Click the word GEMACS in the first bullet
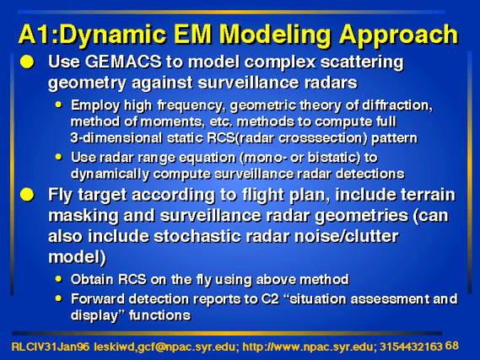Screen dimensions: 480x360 point(123,62)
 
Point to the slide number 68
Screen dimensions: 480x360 point(452,346)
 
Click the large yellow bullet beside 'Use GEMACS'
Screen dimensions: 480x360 point(27,62)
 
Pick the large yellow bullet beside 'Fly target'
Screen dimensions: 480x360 point(27,195)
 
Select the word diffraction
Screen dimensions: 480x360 point(397,105)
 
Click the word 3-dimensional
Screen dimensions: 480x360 point(116,138)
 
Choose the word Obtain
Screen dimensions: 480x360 point(92,279)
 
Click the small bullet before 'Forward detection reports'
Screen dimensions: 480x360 point(58,298)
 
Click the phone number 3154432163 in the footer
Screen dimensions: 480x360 point(411,347)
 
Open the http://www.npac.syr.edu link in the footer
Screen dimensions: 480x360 point(307,347)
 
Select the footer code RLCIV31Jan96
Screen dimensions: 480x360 point(51,347)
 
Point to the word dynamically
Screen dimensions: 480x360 point(110,175)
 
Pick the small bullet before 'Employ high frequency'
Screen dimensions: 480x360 point(58,105)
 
